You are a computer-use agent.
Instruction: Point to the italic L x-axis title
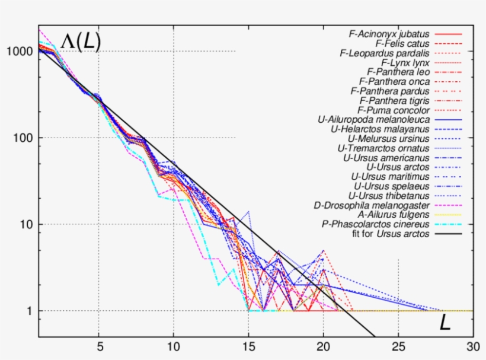pyautogui.click(x=445, y=323)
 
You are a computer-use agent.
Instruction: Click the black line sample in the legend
pyautogui.click(x=449, y=234)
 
